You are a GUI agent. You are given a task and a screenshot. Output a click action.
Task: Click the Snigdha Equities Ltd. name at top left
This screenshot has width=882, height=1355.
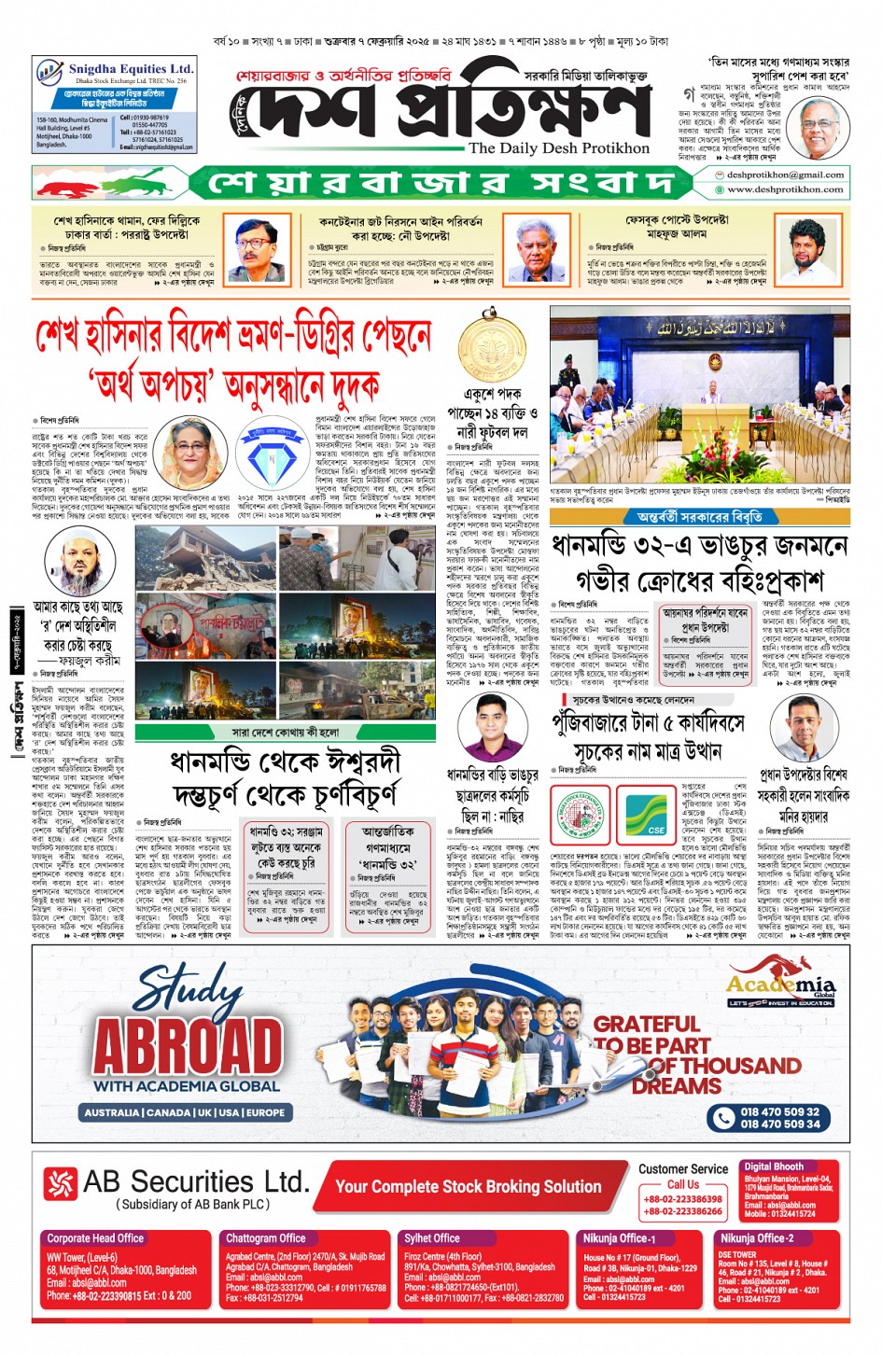point(131,69)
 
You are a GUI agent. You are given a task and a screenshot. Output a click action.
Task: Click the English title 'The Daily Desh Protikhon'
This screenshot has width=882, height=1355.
point(558,148)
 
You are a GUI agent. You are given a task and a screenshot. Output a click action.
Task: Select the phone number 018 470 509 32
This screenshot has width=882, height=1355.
point(779,1111)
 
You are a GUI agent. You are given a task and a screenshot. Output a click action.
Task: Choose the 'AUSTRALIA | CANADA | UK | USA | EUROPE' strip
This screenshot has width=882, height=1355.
point(185,1112)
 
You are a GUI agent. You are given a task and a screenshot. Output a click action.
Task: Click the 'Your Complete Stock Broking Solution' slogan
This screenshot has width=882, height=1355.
point(468,1187)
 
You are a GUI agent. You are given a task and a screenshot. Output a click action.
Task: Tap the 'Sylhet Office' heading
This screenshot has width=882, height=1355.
point(432,1238)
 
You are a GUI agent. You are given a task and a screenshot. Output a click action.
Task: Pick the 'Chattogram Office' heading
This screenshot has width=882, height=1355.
point(266,1238)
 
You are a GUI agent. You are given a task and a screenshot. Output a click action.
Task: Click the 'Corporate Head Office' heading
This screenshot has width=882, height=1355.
point(95,1238)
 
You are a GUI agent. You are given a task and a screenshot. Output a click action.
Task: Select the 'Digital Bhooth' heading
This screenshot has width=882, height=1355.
point(774,1166)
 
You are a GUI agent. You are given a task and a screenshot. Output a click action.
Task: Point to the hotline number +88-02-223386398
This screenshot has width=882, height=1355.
point(682,1199)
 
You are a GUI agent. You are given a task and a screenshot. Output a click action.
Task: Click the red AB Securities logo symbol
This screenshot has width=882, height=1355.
point(60,1183)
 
